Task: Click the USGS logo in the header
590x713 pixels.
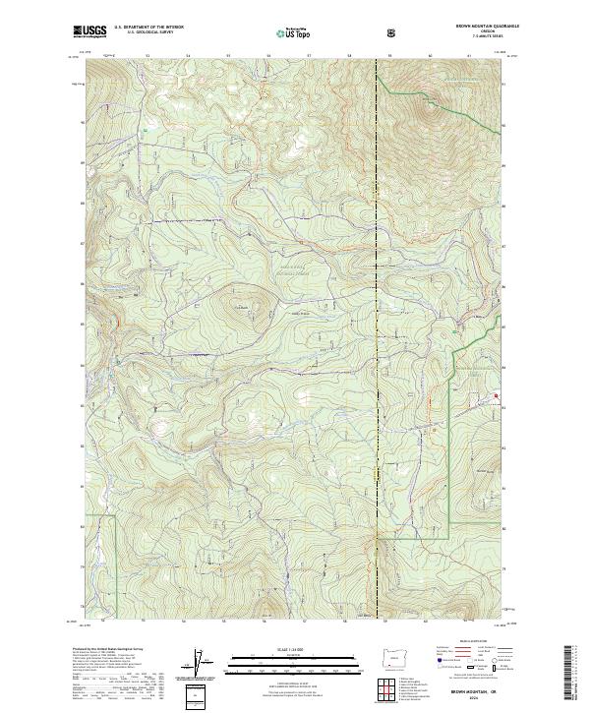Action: click(x=89, y=31)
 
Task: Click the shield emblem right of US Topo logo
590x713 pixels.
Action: click(x=336, y=32)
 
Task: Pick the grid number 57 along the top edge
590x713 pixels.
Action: click(x=310, y=56)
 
